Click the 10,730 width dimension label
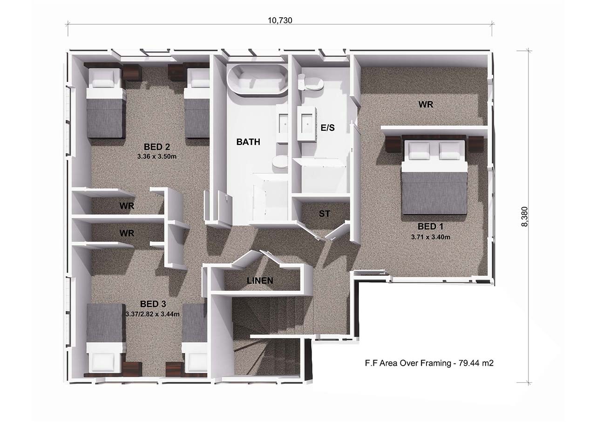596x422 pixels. click(x=280, y=20)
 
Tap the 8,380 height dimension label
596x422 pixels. click(x=524, y=216)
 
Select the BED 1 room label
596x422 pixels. click(x=431, y=226)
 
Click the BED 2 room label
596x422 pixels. click(x=157, y=147)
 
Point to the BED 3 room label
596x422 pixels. click(x=153, y=304)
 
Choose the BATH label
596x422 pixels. click(x=248, y=142)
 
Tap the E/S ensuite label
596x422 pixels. click(x=327, y=128)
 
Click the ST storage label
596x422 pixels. click(x=325, y=213)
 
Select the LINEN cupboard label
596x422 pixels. click(x=260, y=280)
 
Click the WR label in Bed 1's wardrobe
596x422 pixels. click(x=426, y=104)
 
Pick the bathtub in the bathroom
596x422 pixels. click(x=257, y=79)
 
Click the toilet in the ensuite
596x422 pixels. click(x=310, y=82)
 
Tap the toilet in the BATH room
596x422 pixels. click(x=280, y=162)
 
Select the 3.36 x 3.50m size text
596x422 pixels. click(x=157, y=157)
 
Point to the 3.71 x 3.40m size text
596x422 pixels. click(x=431, y=237)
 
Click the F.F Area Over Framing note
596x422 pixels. click(x=429, y=363)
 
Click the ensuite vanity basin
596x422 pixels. click(x=307, y=124)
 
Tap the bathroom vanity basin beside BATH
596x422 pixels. click(x=284, y=124)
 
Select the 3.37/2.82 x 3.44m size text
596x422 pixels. click(x=152, y=314)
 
